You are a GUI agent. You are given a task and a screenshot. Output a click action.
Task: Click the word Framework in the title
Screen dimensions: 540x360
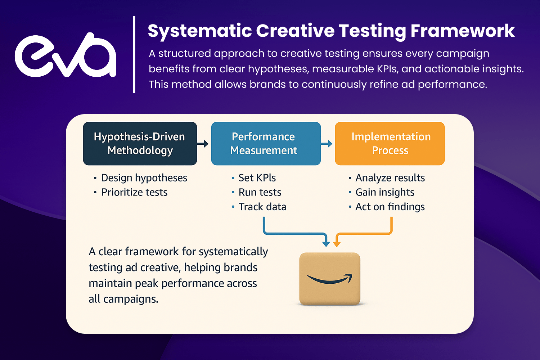click(463, 31)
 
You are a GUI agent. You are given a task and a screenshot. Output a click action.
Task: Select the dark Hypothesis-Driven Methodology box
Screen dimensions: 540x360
click(140, 144)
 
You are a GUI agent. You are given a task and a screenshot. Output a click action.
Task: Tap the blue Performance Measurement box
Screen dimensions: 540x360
click(266, 144)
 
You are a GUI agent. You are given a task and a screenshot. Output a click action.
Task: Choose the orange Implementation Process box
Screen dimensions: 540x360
click(390, 144)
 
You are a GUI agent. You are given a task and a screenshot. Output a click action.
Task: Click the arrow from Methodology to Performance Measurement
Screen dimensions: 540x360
click(202, 144)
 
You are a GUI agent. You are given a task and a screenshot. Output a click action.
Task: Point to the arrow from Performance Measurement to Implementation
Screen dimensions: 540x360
click(327, 144)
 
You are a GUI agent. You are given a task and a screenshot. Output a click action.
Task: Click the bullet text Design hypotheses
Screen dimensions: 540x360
click(144, 178)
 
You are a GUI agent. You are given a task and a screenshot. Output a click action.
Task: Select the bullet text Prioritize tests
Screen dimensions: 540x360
click(134, 192)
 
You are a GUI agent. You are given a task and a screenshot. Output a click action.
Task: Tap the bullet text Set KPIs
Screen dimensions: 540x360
click(257, 178)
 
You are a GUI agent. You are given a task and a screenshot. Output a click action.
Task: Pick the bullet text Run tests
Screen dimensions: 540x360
click(260, 192)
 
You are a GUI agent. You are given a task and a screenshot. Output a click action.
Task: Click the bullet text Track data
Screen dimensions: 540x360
click(262, 207)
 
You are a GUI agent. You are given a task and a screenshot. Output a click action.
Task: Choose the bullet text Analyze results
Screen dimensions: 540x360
click(390, 178)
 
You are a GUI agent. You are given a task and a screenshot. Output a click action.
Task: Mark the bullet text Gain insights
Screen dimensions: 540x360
click(385, 192)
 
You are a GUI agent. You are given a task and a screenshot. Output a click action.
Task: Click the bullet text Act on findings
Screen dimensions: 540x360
click(390, 207)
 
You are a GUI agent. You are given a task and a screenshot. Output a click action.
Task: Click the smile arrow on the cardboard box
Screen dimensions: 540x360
click(330, 279)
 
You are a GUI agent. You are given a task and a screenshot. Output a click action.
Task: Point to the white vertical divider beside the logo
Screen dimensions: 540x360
click(134, 55)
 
